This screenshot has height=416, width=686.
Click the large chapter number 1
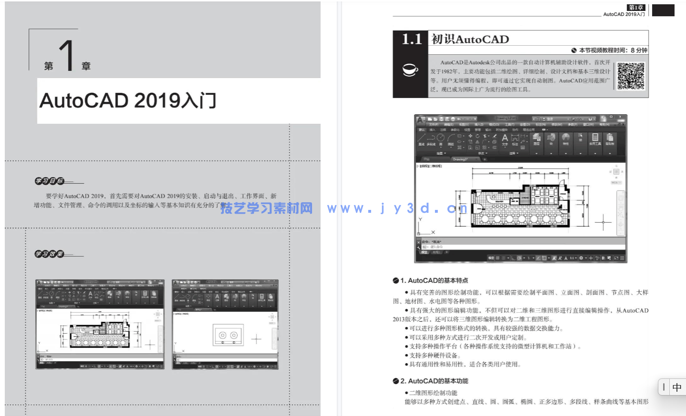pos(67,56)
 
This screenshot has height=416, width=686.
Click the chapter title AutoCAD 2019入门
pos(128,101)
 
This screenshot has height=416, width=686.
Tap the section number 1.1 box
pos(412,39)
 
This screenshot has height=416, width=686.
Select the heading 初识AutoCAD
pos(470,40)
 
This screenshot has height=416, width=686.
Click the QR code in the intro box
pos(631,76)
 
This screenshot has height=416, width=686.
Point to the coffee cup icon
pos(410,70)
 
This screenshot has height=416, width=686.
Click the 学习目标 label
pos(49,181)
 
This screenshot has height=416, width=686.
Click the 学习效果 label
pos(49,254)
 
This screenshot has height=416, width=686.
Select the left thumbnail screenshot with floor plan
pos(100,325)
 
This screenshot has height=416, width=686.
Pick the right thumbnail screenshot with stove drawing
pos(225,325)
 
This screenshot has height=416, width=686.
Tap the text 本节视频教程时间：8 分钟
pos(613,50)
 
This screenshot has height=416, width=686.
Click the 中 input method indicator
pos(677,387)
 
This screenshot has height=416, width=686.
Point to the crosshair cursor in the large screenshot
pos(603,222)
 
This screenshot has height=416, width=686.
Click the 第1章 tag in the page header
pos(636,8)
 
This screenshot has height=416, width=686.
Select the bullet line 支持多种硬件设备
pos(434,356)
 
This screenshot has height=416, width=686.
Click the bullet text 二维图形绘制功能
pos(433,393)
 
